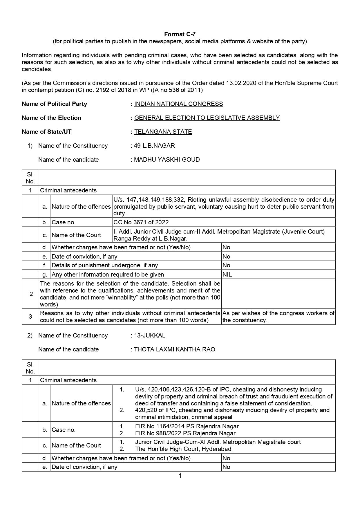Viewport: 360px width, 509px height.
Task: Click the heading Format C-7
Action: [180, 34]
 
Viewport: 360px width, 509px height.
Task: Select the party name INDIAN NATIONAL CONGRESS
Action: [178, 104]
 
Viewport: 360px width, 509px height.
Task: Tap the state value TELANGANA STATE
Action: [163, 132]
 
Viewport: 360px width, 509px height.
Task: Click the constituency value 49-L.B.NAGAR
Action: [154, 146]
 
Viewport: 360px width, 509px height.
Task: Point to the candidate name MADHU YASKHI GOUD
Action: [167, 160]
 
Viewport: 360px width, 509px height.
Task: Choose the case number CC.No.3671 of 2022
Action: [141, 222]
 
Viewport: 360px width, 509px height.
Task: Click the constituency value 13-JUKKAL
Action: [150, 335]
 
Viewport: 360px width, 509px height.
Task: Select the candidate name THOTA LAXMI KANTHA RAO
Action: [174, 349]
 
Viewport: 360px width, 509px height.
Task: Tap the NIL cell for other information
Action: [227, 275]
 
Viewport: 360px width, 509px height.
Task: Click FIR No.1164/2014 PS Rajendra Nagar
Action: [187, 426]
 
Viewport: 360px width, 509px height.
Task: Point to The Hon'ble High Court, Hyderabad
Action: [184, 449]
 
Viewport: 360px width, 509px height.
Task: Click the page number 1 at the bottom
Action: [180, 476]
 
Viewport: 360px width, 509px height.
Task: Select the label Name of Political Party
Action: [54, 104]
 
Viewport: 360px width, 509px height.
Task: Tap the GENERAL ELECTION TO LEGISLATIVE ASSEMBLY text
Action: [207, 118]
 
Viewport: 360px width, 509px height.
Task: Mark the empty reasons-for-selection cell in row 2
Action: [278, 294]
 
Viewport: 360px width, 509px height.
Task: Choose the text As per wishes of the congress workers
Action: [278, 313]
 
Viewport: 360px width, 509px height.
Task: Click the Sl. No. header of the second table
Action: [30, 368]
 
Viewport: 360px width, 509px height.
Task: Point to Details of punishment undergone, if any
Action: [105, 265]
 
